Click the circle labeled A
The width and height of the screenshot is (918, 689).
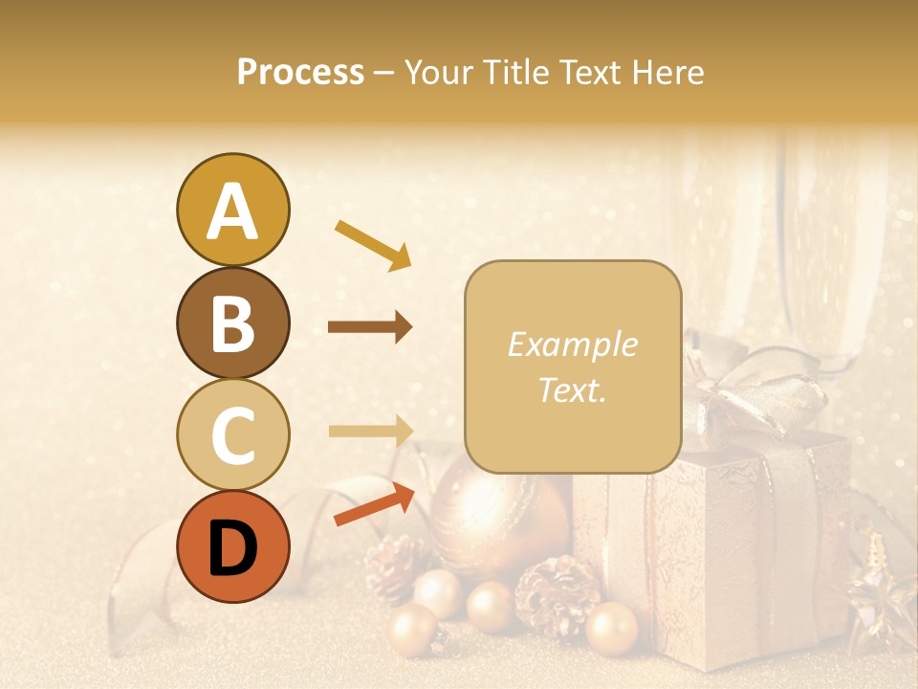(x=232, y=210)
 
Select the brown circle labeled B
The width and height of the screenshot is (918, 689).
(x=232, y=322)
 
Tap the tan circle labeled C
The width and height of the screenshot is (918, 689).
(x=232, y=435)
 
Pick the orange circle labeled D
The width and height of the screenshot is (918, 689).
(x=232, y=547)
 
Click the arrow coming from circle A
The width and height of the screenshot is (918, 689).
(x=373, y=245)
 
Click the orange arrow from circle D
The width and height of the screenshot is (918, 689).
(x=374, y=504)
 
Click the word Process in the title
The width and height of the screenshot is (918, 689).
(x=300, y=72)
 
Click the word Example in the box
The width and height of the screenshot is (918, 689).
(x=572, y=344)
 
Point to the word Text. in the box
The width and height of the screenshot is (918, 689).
(x=572, y=389)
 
